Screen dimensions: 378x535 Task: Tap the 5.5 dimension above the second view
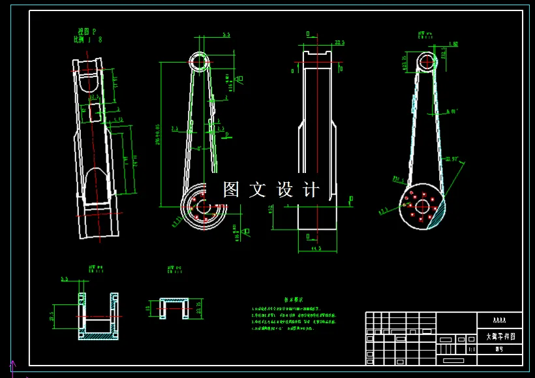click(226, 35)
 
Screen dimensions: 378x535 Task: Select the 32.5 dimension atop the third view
click(339, 42)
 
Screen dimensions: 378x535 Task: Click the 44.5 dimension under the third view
click(317, 249)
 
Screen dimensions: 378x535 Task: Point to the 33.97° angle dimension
click(451, 159)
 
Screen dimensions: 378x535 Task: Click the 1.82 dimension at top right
click(454, 44)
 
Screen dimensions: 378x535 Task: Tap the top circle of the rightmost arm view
click(427, 63)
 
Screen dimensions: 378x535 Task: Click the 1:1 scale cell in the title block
click(471, 350)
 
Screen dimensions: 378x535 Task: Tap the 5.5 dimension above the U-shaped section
click(64, 279)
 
